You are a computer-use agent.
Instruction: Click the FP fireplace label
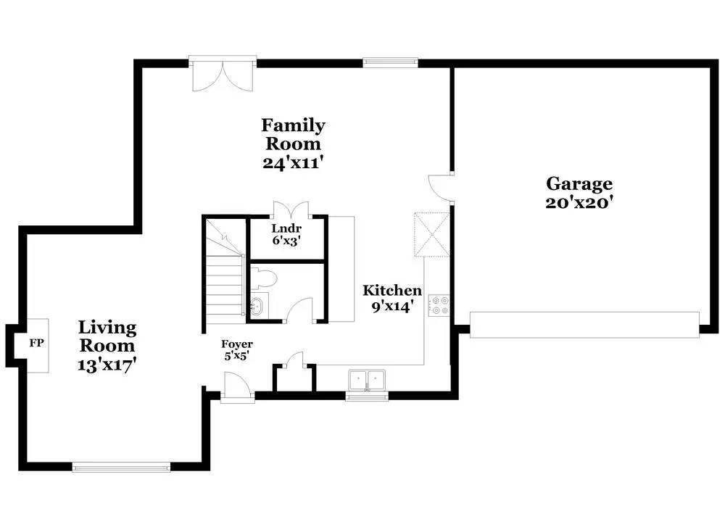tap(36, 343)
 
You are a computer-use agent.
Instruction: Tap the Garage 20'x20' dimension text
tap(579, 202)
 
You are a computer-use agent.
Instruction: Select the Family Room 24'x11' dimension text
tap(292, 162)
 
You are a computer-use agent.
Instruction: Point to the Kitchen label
tap(392, 290)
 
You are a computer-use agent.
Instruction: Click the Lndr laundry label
tap(286, 228)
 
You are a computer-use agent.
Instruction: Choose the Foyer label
tap(237, 344)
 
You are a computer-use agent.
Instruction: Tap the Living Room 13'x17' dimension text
tap(107, 365)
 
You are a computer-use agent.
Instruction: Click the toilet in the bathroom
tap(264, 279)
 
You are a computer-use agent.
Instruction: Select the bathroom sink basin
tap(256, 306)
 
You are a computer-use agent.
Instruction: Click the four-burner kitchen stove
tap(439, 306)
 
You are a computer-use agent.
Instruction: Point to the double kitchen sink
tap(367, 381)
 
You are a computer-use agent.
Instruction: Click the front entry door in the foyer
tap(237, 385)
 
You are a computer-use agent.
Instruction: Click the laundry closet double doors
tap(291, 210)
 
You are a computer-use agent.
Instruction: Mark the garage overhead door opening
tap(584, 325)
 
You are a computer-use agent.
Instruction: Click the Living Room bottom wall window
tap(122, 467)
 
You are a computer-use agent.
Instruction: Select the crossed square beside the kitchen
tap(432, 234)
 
